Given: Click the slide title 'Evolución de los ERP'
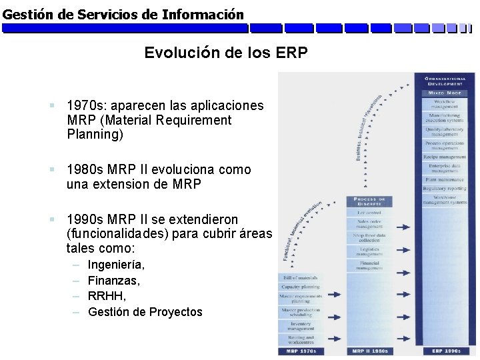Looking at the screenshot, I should coord(226,53).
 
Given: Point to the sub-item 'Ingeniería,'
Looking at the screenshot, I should coord(117,265).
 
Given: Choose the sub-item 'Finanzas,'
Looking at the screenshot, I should coord(114,281).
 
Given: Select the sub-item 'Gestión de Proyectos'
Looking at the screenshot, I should coord(145,312).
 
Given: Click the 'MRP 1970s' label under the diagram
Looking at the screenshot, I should coord(300,351).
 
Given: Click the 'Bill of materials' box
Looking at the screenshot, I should coord(300,277).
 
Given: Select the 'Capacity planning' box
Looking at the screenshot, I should coord(300,287).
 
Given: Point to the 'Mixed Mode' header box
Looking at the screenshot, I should coord(445,93).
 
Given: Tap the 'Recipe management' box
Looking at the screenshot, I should coord(445,156).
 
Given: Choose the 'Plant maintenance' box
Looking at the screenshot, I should coord(445,179).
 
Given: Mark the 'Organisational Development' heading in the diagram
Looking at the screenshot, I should coord(445,81).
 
